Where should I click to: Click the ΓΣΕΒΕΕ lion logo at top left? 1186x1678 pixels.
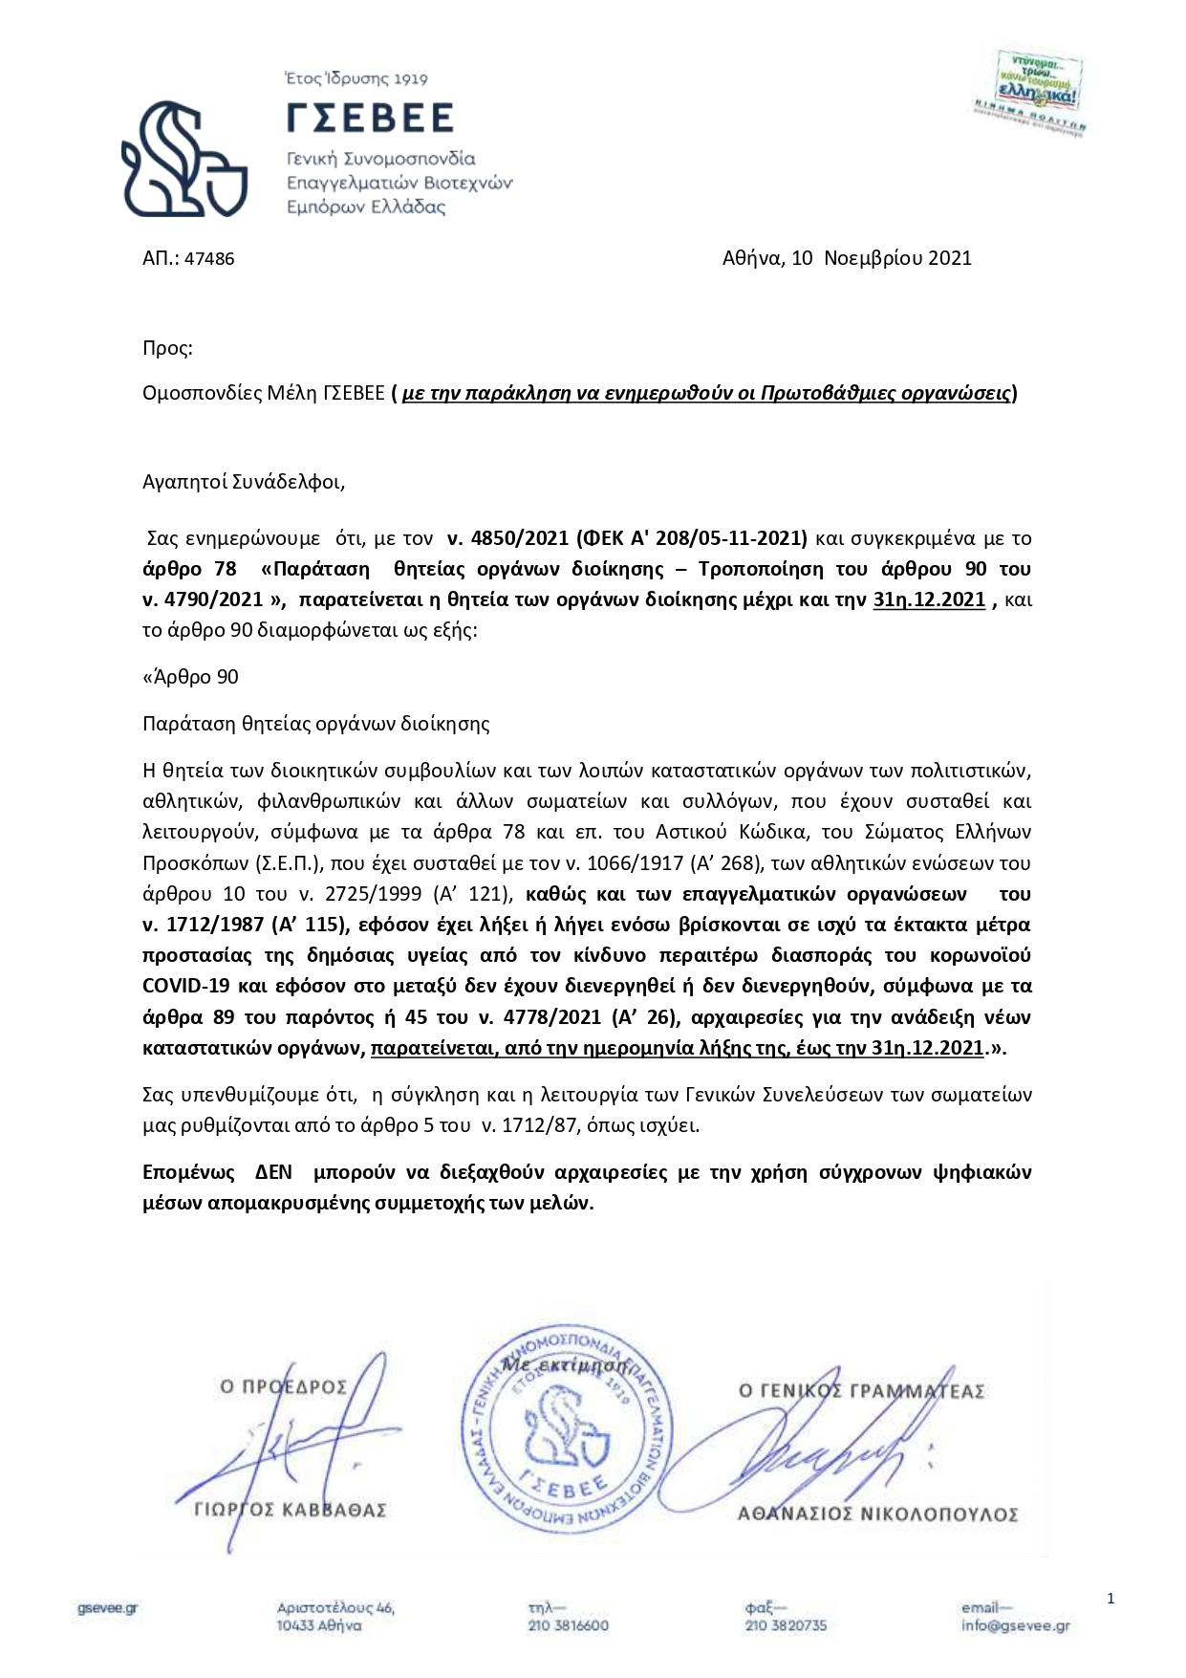tap(183, 158)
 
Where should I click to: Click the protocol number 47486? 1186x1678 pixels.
tap(209, 259)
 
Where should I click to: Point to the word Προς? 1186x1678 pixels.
tap(167, 348)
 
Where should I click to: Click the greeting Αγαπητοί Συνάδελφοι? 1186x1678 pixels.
tap(243, 482)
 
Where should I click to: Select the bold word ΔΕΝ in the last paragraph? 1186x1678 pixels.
tap(273, 1172)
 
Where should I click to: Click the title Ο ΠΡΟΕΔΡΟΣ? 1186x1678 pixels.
tap(283, 1386)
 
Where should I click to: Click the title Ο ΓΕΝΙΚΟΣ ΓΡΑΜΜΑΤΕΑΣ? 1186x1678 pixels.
tap(861, 1391)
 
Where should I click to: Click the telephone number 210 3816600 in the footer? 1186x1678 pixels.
tap(568, 1625)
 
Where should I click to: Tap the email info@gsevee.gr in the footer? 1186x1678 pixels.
tap(1015, 1625)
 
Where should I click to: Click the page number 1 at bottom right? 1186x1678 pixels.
tap(1111, 1599)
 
